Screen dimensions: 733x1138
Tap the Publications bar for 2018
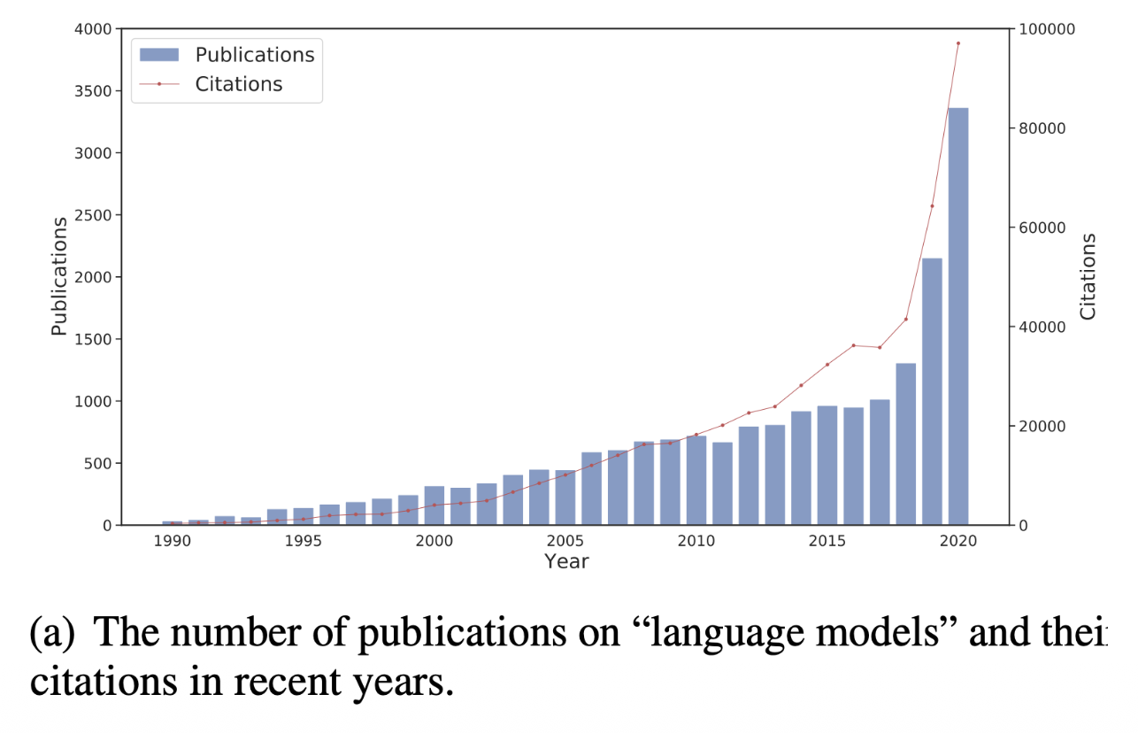click(906, 444)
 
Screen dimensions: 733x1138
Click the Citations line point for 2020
click(958, 42)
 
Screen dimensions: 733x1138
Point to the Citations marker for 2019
click(932, 205)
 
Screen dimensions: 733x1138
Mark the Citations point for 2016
click(853, 345)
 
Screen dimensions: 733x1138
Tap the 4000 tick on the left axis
click(93, 29)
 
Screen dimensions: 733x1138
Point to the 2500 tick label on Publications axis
click(93, 215)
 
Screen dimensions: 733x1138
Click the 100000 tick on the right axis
click(1047, 29)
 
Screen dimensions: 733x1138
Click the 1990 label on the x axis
click(172, 541)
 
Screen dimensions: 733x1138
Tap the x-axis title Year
click(566, 561)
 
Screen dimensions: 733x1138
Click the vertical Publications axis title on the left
click(59, 276)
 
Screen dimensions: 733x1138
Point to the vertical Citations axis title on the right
click(1088, 276)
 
